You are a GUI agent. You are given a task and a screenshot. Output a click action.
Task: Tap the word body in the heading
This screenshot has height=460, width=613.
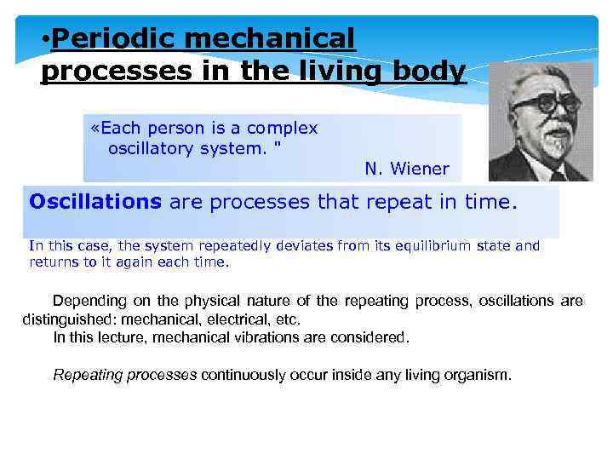pyautogui.click(x=435, y=72)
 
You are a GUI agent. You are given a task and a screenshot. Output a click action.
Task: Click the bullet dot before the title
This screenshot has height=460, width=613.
pyautogui.click(x=46, y=39)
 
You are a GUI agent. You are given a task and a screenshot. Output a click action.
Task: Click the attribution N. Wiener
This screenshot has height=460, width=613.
pyautogui.click(x=406, y=169)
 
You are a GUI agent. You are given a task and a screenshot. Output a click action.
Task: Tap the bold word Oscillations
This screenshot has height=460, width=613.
pyautogui.click(x=95, y=203)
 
